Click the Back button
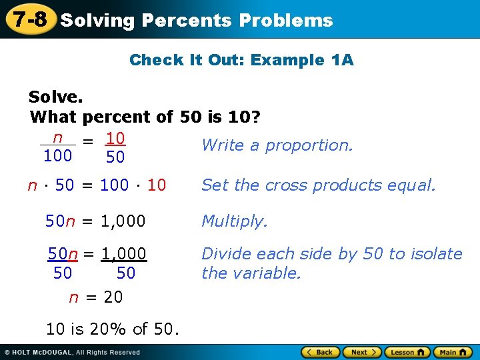(x=321, y=352)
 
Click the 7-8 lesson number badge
(x=27, y=19)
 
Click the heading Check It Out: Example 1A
(x=241, y=60)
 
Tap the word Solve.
(x=56, y=97)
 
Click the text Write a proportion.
(x=277, y=145)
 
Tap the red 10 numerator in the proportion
(x=116, y=139)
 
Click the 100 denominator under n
(x=57, y=157)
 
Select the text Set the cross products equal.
(x=319, y=185)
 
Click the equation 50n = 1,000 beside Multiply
(x=95, y=221)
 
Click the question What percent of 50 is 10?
(x=145, y=118)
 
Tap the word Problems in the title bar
(x=286, y=21)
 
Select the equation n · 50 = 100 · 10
(x=97, y=185)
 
